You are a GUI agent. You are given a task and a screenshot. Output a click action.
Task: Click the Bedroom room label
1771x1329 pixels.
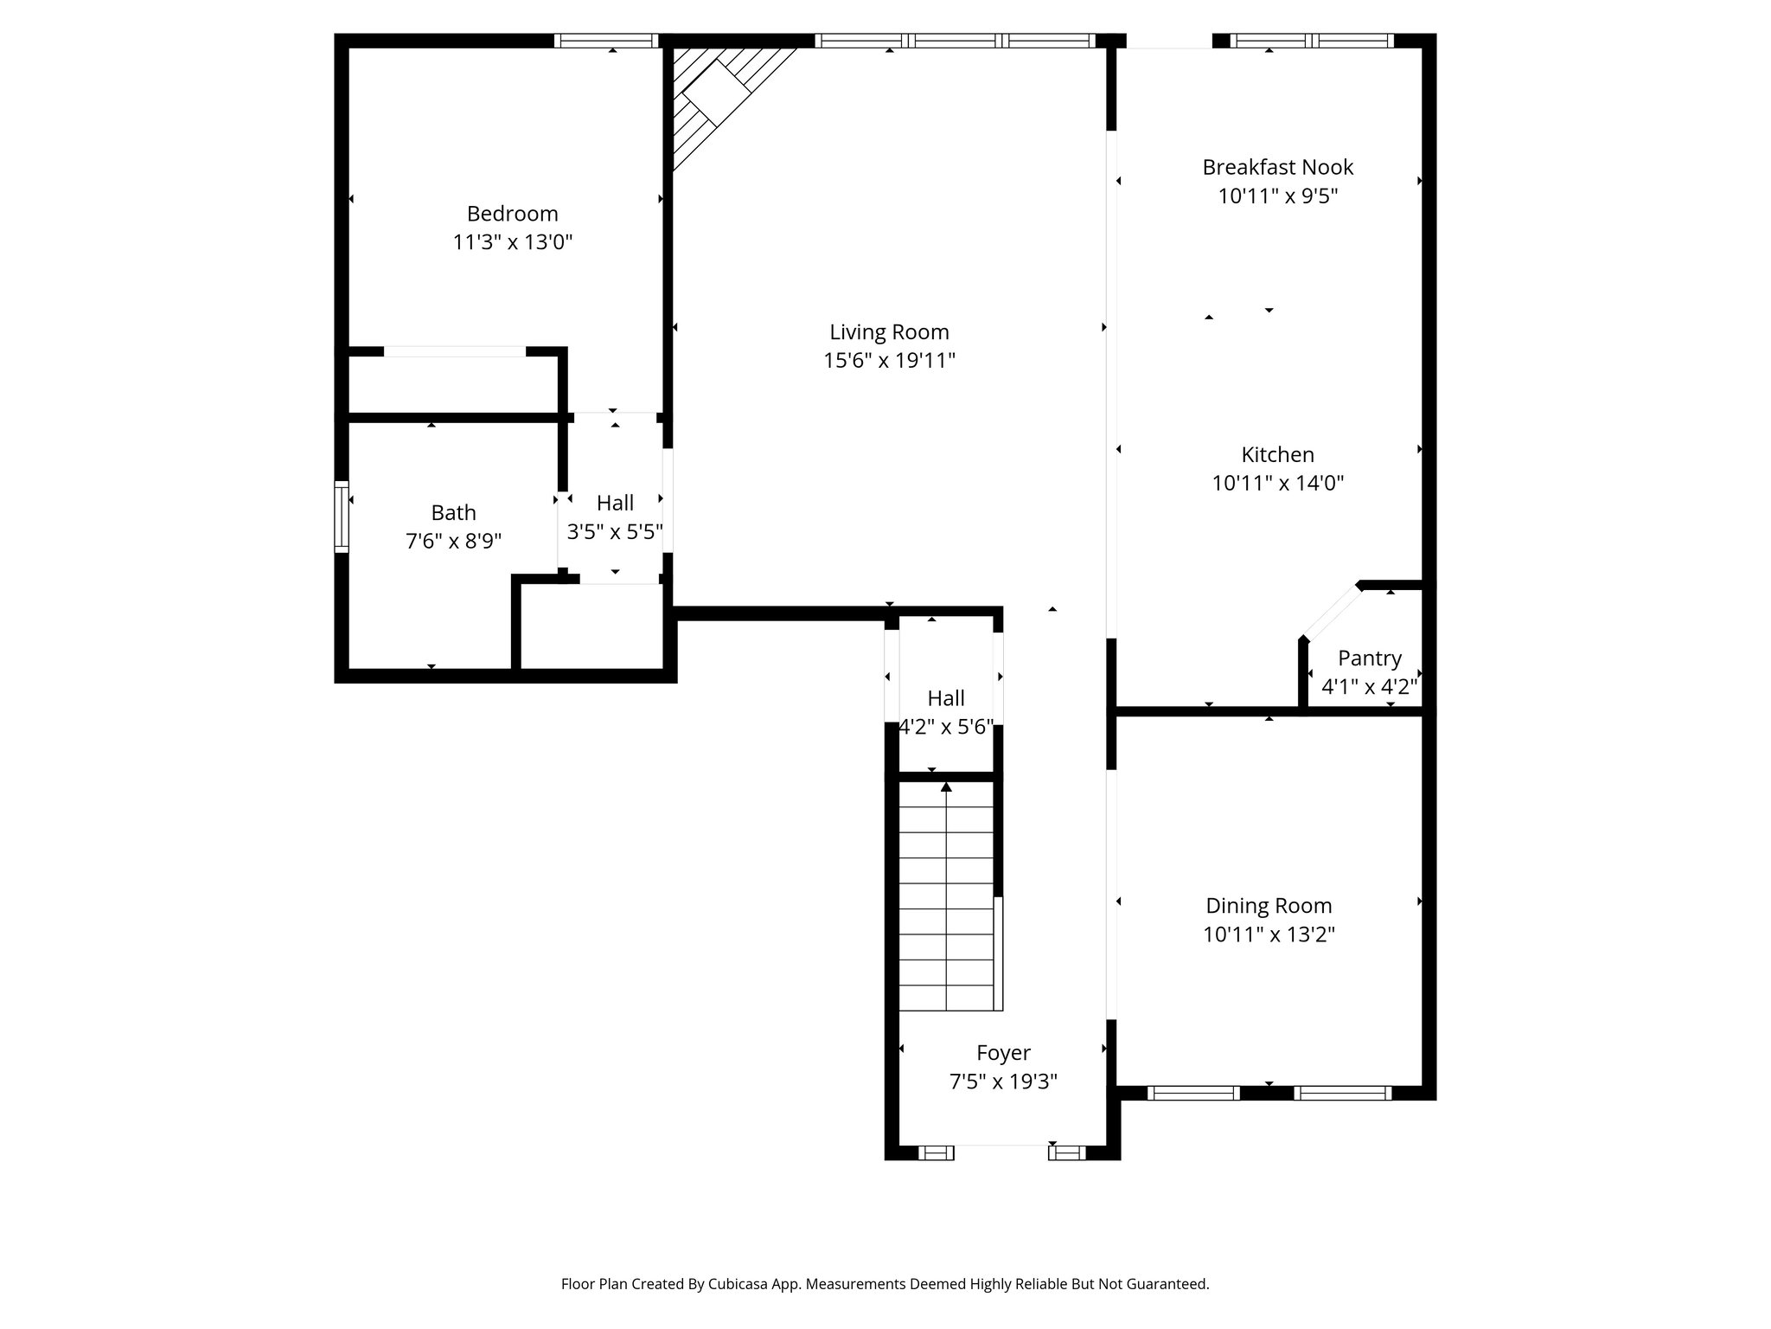tap(512, 214)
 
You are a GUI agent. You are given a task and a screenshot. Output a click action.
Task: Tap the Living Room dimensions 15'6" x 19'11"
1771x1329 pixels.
tap(889, 361)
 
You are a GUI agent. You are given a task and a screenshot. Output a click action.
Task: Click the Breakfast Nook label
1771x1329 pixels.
tap(1277, 167)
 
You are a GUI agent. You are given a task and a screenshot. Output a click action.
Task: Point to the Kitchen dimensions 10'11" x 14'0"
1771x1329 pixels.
tap(1277, 483)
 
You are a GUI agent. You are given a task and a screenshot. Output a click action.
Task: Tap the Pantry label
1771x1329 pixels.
tap(1369, 658)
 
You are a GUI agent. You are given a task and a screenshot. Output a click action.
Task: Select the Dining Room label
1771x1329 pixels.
tap(1269, 906)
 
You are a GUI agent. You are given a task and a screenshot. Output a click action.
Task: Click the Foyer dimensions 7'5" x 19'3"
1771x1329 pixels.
tap(1003, 1082)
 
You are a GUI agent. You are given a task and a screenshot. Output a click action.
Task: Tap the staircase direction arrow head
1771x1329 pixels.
tap(946, 786)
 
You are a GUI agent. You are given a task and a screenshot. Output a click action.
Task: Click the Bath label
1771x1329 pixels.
tap(453, 513)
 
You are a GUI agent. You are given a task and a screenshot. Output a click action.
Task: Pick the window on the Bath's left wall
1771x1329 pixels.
tap(342, 517)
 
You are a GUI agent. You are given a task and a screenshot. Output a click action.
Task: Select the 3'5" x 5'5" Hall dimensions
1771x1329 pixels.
tap(614, 531)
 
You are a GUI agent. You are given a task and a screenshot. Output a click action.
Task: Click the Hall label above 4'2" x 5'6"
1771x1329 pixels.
tap(946, 698)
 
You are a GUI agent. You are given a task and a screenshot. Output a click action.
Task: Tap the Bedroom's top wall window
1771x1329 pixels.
tap(605, 40)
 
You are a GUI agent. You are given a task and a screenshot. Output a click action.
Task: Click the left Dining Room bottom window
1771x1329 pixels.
tap(1193, 1093)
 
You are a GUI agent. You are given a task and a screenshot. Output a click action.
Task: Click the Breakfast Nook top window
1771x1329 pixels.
tap(1311, 40)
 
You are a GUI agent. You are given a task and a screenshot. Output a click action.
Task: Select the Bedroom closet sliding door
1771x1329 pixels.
tap(455, 351)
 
